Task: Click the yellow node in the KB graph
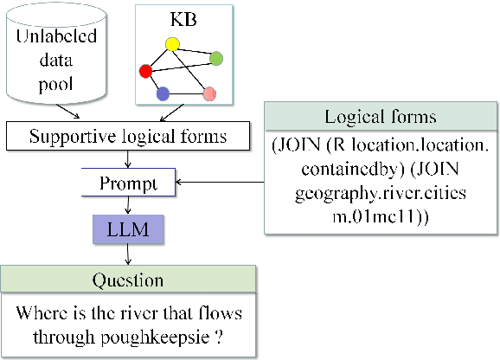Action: (172, 44)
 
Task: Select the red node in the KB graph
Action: (146, 70)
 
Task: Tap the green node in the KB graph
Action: (217, 59)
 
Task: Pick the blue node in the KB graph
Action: (163, 93)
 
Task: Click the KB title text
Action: (183, 17)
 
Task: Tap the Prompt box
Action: (129, 183)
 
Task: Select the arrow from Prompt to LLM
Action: (129, 205)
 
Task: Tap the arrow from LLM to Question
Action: (129, 254)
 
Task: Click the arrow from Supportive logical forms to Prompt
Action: (129, 158)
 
